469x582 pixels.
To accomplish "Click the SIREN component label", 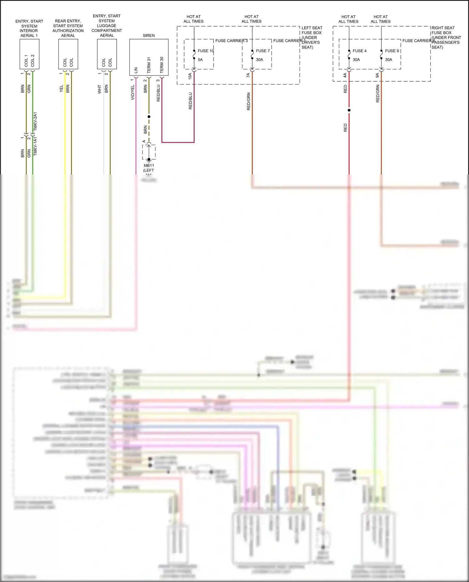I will click(149, 36).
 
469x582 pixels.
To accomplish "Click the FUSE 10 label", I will click(205, 51).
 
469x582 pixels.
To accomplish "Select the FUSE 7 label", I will click(263, 51).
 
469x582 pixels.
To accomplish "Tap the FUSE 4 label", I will click(360, 51).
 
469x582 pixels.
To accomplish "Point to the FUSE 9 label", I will click(392, 51).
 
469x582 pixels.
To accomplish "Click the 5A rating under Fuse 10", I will click(200, 60).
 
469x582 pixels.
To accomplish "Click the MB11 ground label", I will click(149, 166).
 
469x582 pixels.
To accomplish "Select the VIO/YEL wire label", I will click(133, 92).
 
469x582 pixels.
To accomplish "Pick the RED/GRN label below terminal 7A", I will click(249, 101).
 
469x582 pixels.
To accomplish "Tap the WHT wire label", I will click(99, 89).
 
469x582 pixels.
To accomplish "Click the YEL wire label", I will click(61, 89).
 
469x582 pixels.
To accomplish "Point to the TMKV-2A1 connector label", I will click(35, 121).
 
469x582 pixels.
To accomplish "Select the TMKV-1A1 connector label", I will click(35, 146).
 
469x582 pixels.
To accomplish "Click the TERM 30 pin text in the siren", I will click(162, 65).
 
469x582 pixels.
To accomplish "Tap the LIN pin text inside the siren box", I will click(136, 70).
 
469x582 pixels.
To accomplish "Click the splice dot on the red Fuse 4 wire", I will click(349, 110).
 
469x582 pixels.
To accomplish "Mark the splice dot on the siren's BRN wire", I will click(149, 117).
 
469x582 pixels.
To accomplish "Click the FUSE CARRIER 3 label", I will click(231, 41).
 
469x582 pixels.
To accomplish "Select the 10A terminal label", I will click(190, 76).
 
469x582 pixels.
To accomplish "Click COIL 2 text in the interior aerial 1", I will click(33, 60).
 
